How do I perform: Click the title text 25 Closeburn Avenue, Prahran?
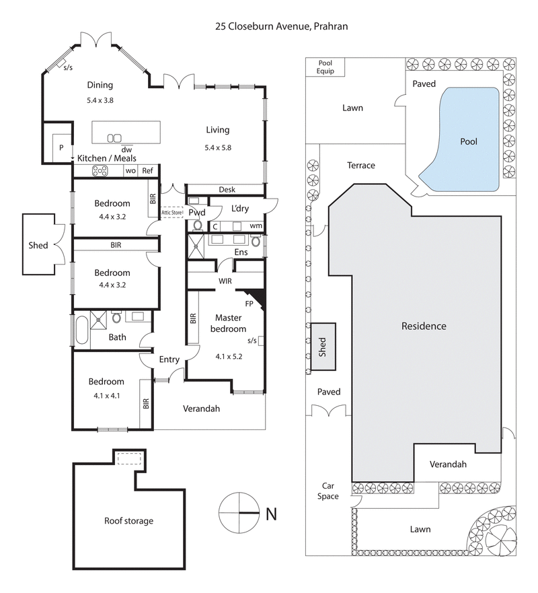click(x=280, y=26)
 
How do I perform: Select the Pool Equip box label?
click(x=325, y=67)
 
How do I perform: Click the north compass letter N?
click(x=271, y=514)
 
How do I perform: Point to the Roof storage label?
click(x=128, y=520)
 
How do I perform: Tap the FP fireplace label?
click(x=248, y=304)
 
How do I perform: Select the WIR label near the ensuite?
click(x=225, y=281)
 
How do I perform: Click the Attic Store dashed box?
click(x=173, y=213)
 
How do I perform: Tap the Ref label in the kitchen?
click(x=147, y=171)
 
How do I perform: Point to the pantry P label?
click(x=61, y=147)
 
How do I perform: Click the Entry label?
click(x=169, y=359)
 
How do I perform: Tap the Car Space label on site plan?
click(x=328, y=491)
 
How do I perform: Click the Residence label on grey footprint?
click(x=424, y=326)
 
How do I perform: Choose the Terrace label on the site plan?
click(x=360, y=166)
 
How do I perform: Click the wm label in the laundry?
click(x=256, y=225)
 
